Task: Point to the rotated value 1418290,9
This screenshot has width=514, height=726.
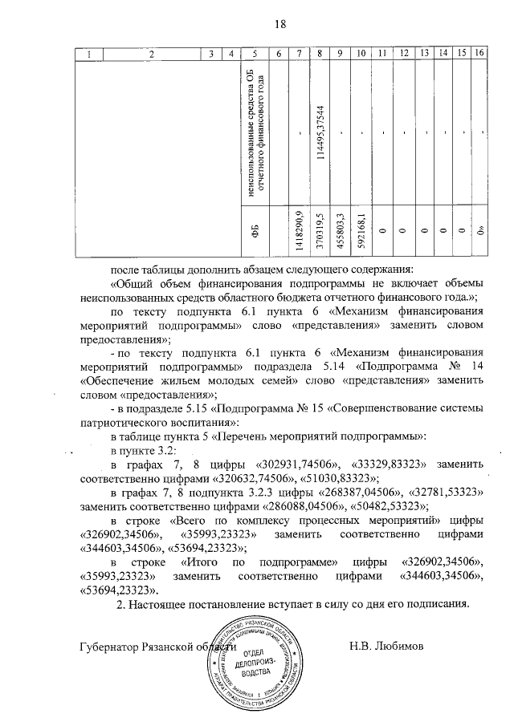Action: click(299, 229)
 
